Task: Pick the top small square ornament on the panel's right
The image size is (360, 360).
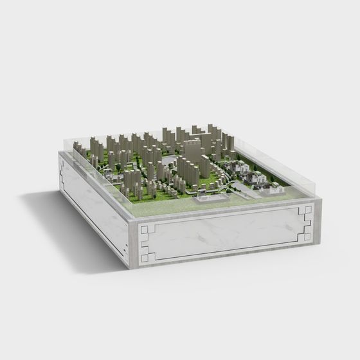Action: (x=309, y=210)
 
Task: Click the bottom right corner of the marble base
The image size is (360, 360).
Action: (x=319, y=243)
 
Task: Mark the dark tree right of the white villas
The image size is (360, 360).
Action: (x=272, y=177)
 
